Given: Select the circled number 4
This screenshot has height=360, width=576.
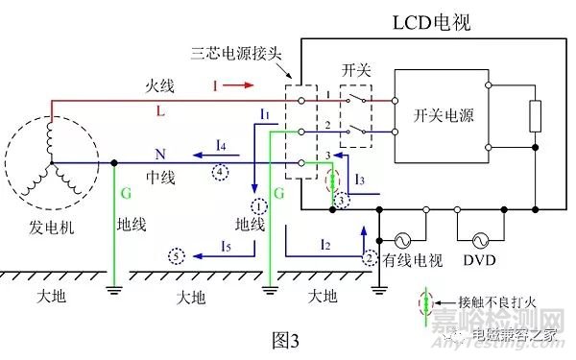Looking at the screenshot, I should coord(222,171).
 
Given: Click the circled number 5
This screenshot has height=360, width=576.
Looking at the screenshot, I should coord(176,256).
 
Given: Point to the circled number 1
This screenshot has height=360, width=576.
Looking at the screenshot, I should coord(257,205).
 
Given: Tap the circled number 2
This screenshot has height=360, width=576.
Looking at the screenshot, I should coord(371,257).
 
